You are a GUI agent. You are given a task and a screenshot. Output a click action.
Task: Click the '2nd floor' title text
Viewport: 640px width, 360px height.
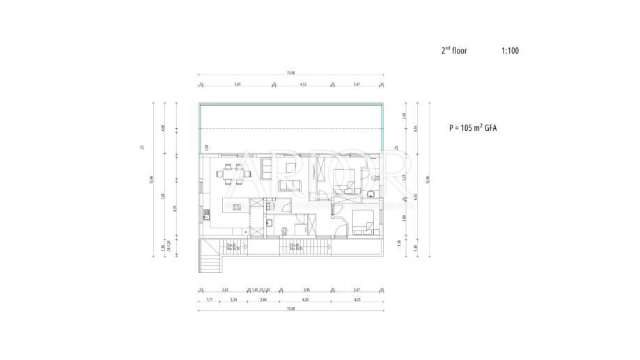(x=455, y=51)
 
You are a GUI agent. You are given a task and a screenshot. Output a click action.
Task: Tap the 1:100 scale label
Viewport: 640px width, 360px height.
(x=510, y=51)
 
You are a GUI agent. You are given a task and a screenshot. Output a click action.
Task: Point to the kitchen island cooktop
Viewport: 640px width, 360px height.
(x=236, y=206)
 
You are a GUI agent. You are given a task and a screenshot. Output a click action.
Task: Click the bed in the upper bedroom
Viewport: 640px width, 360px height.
(x=345, y=179)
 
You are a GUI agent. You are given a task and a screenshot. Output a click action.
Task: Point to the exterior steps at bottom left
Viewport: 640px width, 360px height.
(x=210, y=262)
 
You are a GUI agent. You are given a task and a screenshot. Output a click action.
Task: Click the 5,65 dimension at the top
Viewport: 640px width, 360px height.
(x=237, y=84)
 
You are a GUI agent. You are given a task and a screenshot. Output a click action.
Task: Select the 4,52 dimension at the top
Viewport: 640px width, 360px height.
(x=303, y=84)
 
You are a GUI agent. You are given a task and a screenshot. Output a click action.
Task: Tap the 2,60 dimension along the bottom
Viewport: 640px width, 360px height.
(x=263, y=299)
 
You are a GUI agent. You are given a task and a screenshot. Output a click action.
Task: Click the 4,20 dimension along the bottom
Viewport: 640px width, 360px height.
(x=305, y=299)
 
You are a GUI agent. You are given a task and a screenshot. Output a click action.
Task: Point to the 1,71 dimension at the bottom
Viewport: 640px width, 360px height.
(x=210, y=299)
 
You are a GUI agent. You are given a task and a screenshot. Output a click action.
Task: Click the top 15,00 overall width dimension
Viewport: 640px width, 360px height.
(x=291, y=73)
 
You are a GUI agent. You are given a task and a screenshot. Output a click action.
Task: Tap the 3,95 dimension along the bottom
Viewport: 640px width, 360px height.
(x=306, y=289)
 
